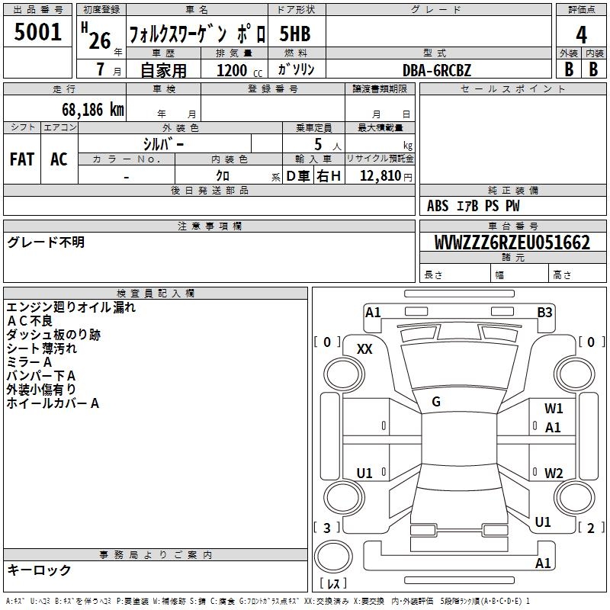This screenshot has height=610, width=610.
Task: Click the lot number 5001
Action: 37,31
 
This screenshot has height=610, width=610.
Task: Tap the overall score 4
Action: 581,34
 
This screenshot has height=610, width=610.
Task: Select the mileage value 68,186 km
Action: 93,110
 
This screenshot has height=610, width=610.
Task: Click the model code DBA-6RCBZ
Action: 436,70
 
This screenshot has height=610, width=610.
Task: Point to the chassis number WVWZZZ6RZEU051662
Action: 512,242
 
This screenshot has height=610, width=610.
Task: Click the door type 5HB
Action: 295,34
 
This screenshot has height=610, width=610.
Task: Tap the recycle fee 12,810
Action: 380,176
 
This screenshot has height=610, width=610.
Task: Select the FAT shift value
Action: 22,159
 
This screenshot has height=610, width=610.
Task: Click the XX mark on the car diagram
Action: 364,349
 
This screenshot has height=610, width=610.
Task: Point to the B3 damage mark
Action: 544,313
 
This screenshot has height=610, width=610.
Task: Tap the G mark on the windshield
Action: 436,401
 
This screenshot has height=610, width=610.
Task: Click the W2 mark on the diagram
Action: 554,473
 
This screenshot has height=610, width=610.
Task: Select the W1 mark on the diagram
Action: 554,408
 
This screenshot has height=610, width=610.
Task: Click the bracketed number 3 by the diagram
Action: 327,528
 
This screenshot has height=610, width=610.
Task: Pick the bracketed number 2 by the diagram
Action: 590,528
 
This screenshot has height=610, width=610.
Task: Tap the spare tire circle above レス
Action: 333,556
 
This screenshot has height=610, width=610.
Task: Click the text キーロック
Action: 39,570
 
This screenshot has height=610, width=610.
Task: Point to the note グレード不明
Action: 46,242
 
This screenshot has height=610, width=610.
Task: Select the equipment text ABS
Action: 438,206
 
